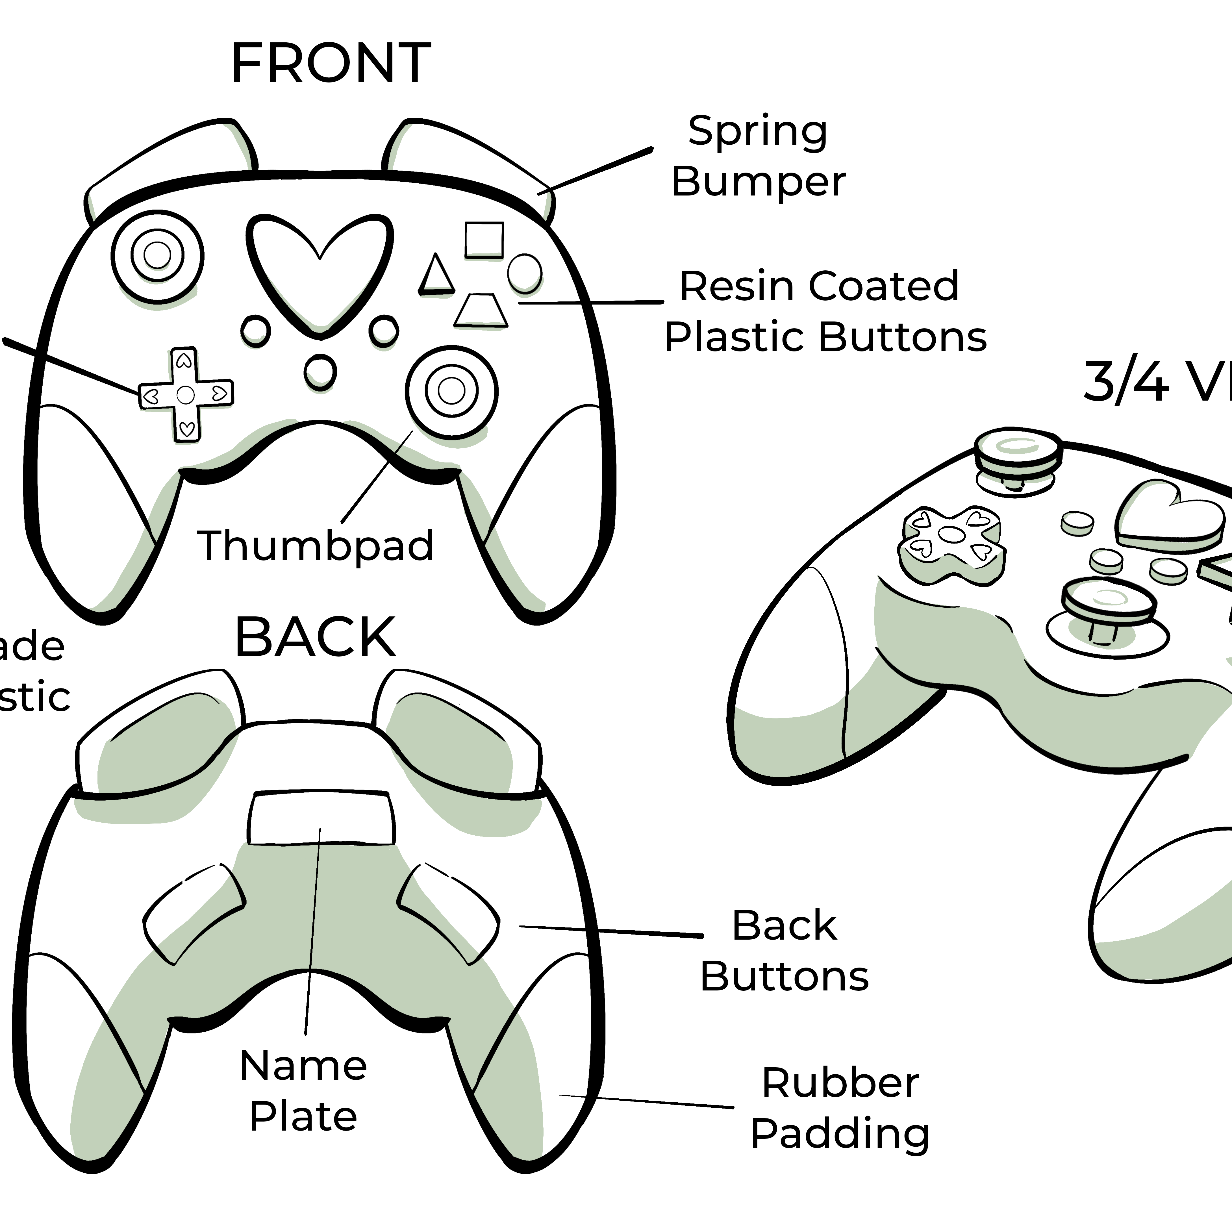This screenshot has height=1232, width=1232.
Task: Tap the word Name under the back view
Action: coord(303,1066)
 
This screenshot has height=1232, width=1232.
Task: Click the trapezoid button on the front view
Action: coord(481,311)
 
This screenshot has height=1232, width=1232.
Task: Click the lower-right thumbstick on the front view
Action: coord(451,391)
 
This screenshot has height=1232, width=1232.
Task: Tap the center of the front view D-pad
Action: coord(186,395)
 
